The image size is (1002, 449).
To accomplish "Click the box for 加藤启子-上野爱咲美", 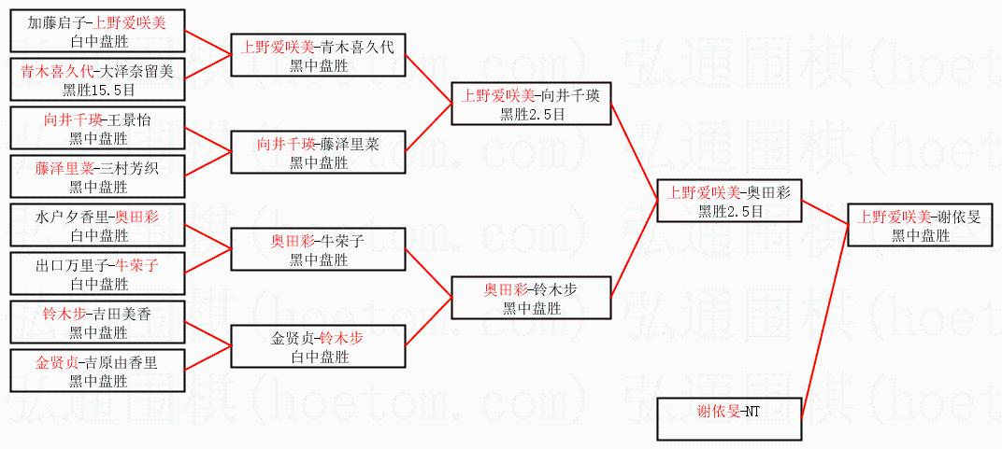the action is click(98, 32).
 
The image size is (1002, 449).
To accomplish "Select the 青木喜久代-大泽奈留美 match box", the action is click(98, 80).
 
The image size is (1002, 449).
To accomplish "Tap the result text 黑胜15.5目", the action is click(98, 90).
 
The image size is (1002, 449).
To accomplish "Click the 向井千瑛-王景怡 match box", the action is click(98, 129).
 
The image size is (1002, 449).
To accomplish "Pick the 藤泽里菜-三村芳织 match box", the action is click(98, 177).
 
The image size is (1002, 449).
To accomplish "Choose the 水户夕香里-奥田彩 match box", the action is click(98, 226).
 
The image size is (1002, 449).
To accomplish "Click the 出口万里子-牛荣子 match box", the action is click(98, 274).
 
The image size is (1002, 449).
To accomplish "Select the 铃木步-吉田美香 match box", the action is click(98, 323).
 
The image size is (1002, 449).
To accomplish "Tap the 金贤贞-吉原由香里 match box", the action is click(98, 372).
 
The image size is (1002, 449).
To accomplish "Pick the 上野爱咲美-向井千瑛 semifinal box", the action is click(531, 105).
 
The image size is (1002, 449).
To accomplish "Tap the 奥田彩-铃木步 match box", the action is click(531, 299).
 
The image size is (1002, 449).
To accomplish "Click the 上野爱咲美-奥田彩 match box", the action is click(730, 202).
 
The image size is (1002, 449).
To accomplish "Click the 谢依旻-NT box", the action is click(730, 419).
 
